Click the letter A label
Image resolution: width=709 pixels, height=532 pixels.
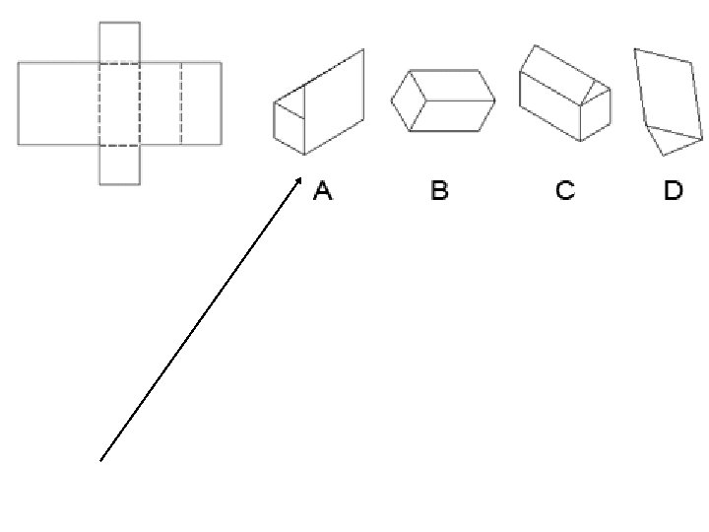pyautogui.click(x=323, y=191)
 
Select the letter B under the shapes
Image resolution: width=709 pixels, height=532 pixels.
pyautogui.click(x=439, y=191)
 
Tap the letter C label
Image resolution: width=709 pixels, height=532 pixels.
pyautogui.click(x=565, y=191)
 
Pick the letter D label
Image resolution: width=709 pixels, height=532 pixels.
pyautogui.click(x=673, y=191)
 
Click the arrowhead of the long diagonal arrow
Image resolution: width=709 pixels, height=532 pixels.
pyautogui.click(x=301, y=179)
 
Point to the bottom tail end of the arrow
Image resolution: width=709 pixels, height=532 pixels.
pyautogui.click(x=100, y=459)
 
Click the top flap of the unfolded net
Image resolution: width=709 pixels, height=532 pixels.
pyautogui.click(x=119, y=42)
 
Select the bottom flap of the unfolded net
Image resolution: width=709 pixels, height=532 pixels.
pyautogui.click(x=119, y=165)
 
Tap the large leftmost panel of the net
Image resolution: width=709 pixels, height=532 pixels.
pyautogui.click(x=58, y=103)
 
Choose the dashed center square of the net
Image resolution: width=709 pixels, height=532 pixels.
pyautogui.click(x=119, y=103)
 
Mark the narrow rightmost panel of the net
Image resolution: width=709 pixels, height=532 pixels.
pyautogui.click(x=201, y=103)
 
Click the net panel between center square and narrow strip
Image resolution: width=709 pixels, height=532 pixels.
pyautogui.click(x=161, y=103)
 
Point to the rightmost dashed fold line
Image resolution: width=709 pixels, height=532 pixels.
pyautogui.click(x=181, y=103)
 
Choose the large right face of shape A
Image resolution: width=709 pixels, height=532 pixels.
pyautogui.click(x=335, y=103)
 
